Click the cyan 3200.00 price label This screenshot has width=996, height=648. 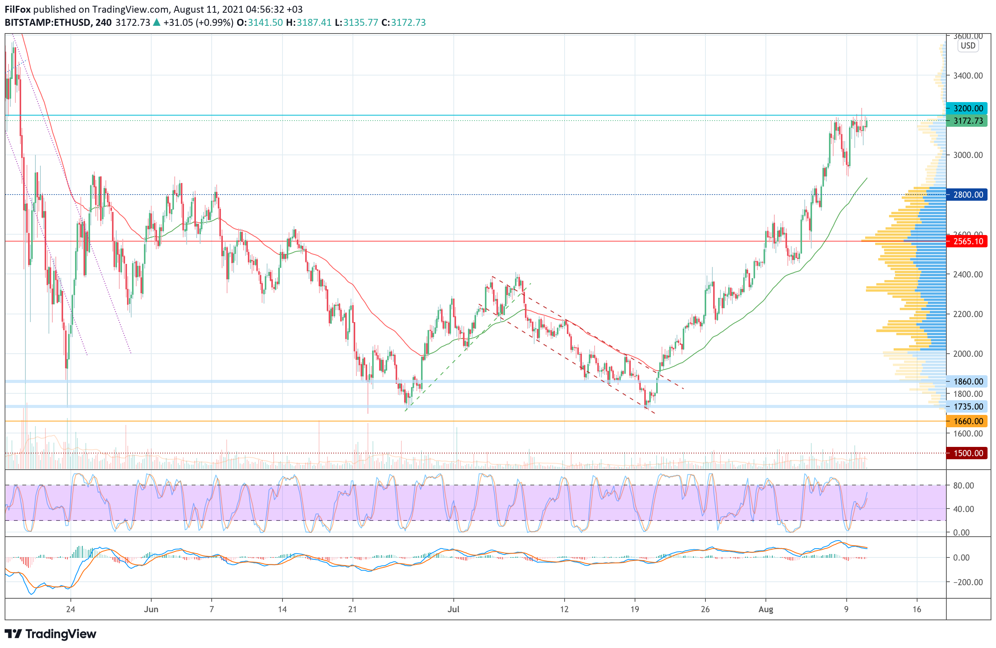coord(968,108)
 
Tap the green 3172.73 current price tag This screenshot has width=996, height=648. coord(968,121)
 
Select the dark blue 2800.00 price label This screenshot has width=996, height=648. coord(968,194)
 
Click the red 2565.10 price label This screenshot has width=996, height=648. coord(968,241)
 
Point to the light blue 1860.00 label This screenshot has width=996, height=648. coord(968,381)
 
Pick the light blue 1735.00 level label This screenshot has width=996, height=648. coord(968,406)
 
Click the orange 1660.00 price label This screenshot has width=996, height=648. coord(968,421)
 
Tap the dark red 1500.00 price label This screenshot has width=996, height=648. coord(968,453)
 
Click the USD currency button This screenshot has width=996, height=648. coord(968,46)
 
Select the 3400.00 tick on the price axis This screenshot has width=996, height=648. coord(968,76)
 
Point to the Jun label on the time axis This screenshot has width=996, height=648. coord(151,609)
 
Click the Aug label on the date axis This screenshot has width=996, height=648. coord(766,609)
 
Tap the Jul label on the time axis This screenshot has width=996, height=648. coord(453,609)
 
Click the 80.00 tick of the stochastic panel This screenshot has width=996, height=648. coord(963,485)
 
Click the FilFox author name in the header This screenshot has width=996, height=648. coord(18,9)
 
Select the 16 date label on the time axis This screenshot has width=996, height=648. coord(917,609)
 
